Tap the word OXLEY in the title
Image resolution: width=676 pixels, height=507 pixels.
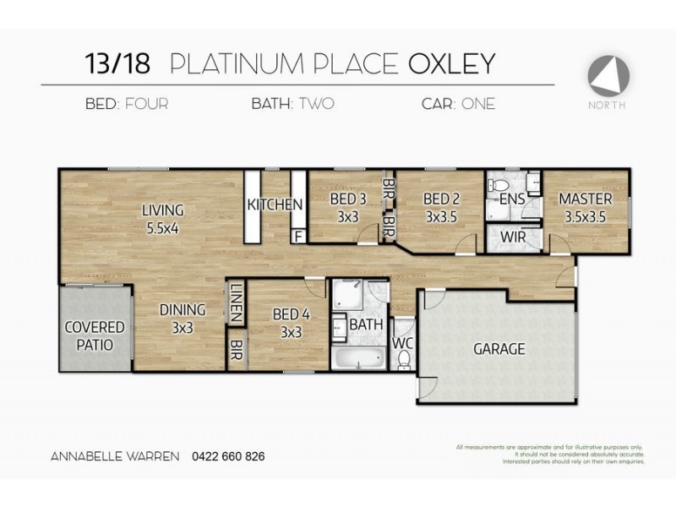pos(451,63)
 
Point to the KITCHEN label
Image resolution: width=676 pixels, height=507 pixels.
pos(275,204)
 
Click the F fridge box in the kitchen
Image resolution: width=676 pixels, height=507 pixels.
pos(298,236)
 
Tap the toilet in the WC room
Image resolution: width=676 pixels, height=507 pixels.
pos(404,361)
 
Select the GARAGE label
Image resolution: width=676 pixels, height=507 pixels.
pos(499,348)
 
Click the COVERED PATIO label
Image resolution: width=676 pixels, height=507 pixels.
pos(95,335)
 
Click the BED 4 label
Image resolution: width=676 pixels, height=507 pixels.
pos(290,324)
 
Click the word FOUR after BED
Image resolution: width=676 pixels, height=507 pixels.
pos(146,105)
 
